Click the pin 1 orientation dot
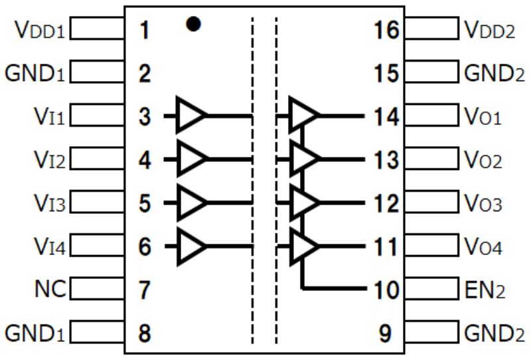[193, 25]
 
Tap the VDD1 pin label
[38, 30]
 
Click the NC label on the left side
[50, 290]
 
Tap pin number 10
[386, 290]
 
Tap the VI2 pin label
[50, 160]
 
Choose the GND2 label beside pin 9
[494, 333]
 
